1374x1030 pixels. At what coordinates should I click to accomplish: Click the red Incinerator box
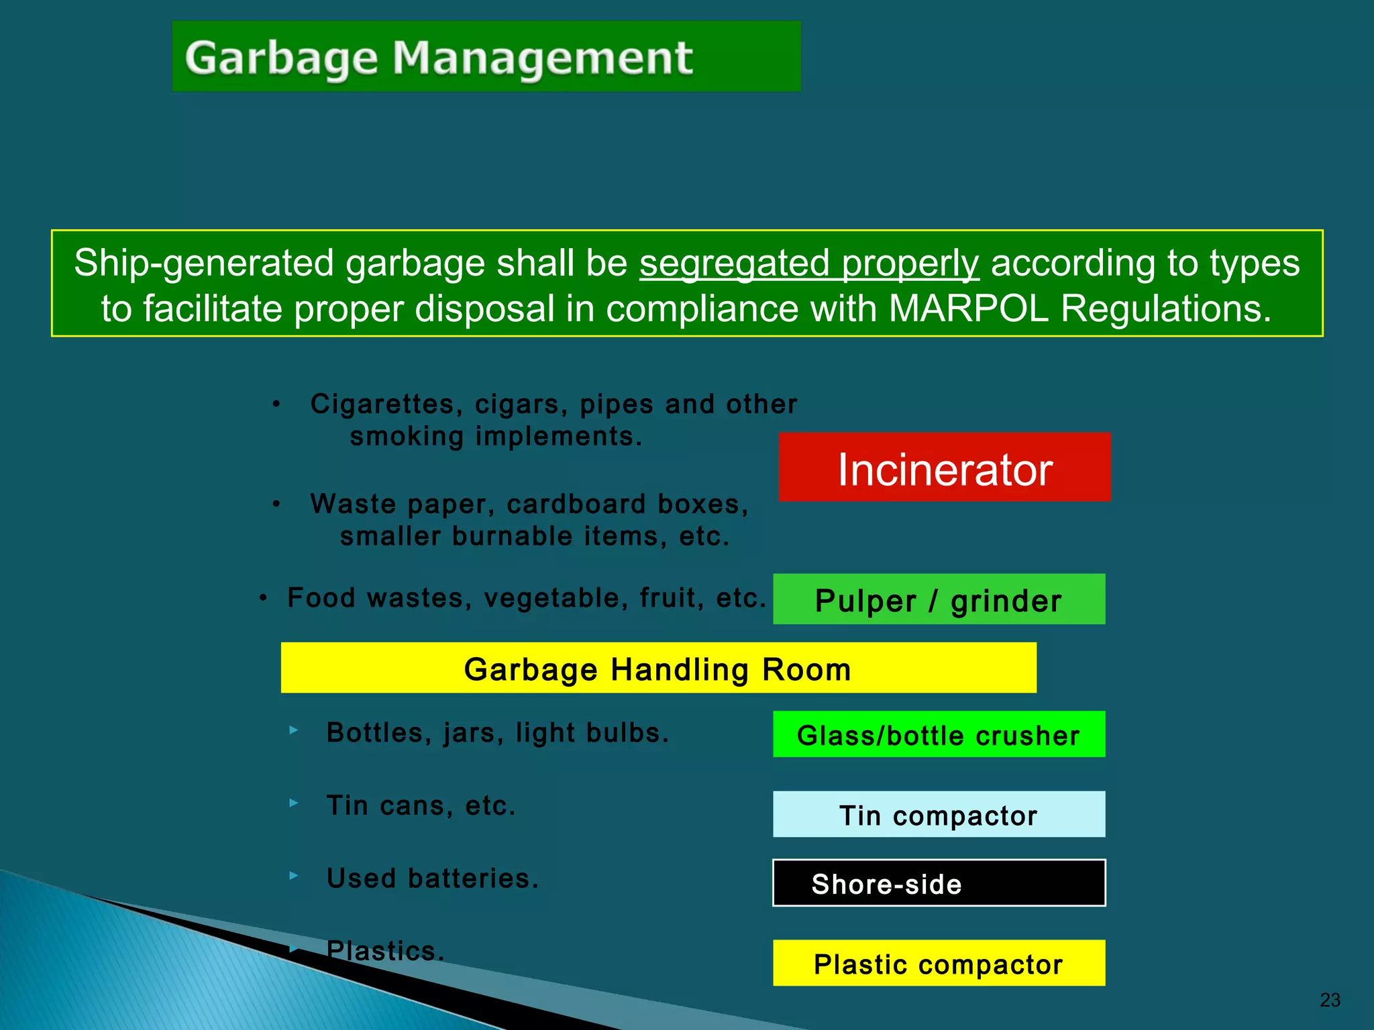(944, 467)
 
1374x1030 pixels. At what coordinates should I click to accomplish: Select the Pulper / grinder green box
(939, 599)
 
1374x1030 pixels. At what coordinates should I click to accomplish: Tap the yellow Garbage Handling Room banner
(658, 668)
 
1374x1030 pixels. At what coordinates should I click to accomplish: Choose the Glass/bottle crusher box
(939, 734)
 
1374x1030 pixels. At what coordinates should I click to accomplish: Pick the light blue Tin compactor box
(939, 815)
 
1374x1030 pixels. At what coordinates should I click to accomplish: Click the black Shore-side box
(939, 883)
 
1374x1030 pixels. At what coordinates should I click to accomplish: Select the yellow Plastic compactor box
(939, 964)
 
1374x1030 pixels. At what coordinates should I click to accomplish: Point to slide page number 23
(1329, 1000)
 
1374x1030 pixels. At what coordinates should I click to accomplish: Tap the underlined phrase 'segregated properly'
(808, 263)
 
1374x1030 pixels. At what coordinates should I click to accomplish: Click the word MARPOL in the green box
(968, 309)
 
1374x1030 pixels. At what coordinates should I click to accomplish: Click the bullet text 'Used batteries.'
(433, 878)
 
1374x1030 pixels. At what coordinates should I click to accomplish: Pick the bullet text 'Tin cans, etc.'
(421, 806)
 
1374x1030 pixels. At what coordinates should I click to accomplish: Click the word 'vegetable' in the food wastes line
(556, 598)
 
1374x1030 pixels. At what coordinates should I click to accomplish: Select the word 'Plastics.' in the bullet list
(385, 951)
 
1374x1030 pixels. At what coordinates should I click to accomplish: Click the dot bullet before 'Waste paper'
(276, 504)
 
